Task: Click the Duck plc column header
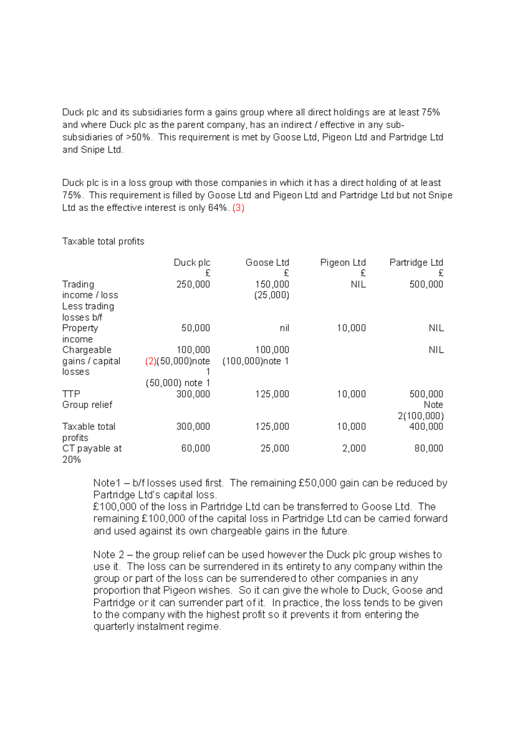[192, 262]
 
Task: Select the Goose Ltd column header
[267, 262]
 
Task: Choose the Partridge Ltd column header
[416, 262]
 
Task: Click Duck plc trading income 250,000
[193, 284]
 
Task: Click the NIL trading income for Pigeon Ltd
[358, 284]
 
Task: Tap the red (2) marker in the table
[151, 361]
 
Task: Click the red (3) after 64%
[238, 208]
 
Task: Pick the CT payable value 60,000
[195, 448]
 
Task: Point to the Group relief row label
[87, 404]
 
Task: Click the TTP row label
[71, 394]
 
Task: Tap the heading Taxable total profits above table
[103, 241]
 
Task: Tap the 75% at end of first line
[430, 112]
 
